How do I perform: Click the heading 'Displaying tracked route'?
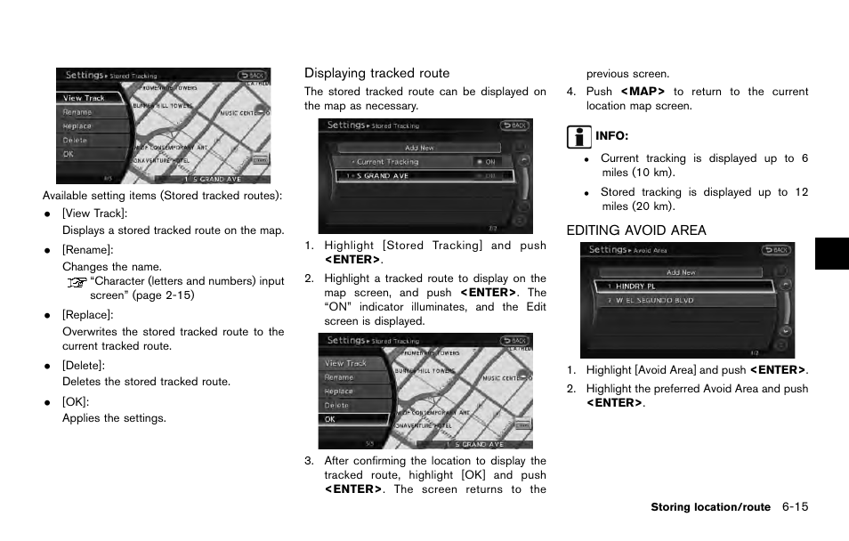(376, 73)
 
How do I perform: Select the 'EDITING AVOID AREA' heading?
(636, 230)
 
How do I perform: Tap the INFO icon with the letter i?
(578, 137)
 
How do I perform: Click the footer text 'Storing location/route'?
(710, 507)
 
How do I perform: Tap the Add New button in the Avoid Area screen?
(681, 272)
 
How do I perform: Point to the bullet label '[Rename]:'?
(87, 250)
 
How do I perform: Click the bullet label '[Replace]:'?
(87, 315)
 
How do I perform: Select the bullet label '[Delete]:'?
(83, 366)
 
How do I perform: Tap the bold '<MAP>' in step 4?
(643, 92)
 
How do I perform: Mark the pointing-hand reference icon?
(77, 282)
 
